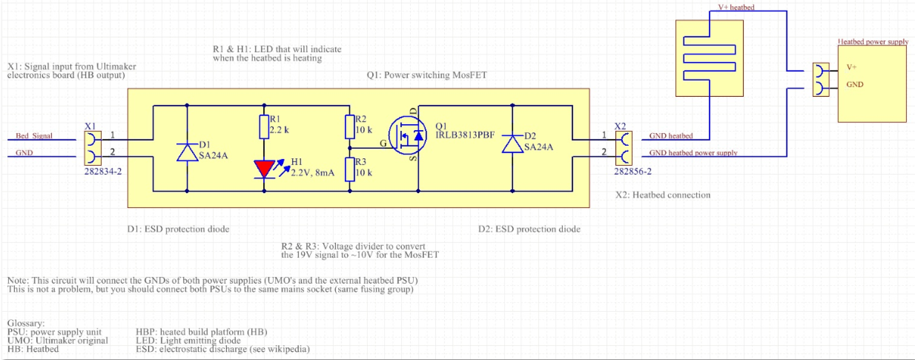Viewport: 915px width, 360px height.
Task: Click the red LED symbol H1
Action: (264, 169)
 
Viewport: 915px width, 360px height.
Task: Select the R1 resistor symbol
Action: (264, 127)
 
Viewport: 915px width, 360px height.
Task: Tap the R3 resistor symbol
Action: (350, 169)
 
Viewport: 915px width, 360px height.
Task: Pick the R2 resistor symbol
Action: (350, 127)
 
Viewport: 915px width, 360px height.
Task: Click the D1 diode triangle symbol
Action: (187, 152)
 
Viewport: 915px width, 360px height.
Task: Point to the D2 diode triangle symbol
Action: (512, 144)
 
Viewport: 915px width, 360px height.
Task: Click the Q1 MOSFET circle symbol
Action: (407, 135)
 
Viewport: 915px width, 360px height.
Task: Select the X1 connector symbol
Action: (93, 148)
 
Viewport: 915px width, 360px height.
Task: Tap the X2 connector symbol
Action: (624, 148)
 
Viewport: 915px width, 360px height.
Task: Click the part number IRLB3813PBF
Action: (465, 135)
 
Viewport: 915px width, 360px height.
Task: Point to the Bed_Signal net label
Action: (34, 136)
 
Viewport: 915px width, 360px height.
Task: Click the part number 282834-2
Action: (103, 172)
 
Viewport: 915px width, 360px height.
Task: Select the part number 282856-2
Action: (632, 172)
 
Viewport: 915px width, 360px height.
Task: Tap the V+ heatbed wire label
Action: (736, 7)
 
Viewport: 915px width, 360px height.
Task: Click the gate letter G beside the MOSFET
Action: (383, 143)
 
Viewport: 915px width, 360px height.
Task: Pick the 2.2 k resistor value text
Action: (279, 130)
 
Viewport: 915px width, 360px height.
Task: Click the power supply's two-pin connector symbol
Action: (821, 80)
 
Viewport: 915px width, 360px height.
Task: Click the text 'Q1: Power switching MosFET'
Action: (427, 75)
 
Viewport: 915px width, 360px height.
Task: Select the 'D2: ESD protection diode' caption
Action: (529, 229)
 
